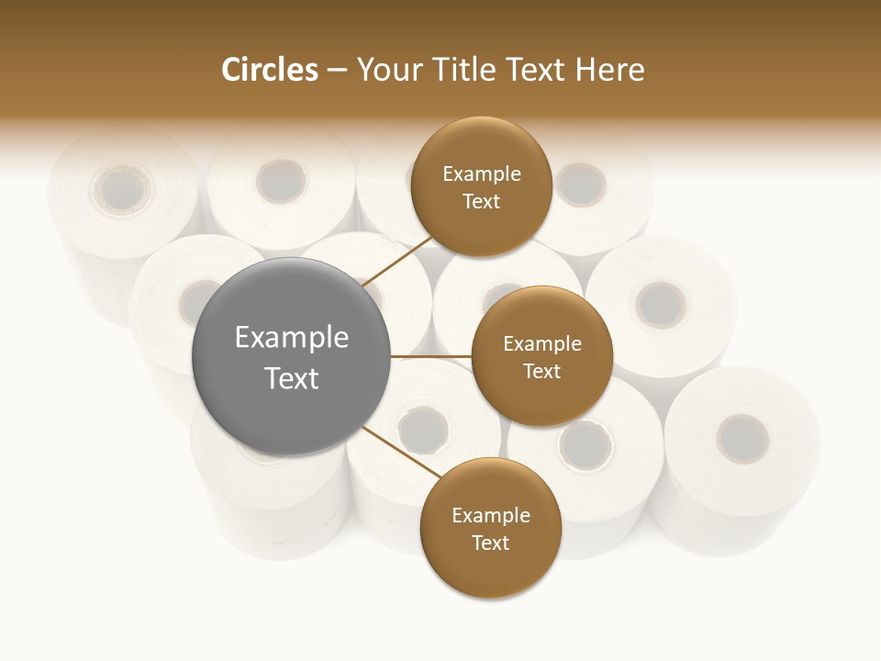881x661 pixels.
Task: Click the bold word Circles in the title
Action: (x=269, y=70)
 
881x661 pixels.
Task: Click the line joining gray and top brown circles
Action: (x=398, y=261)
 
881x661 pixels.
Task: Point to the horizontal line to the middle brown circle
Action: (x=431, y=356)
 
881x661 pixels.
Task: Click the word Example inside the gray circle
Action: (x=291, y=338)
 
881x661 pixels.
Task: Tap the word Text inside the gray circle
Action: (x=291, y=378)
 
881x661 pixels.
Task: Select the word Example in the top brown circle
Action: (x=481, y=174)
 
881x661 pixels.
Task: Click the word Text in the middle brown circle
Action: (x=541, y=371)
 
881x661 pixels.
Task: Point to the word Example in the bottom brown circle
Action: (x=490, y=516)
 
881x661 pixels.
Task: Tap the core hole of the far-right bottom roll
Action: (x=742, y=438)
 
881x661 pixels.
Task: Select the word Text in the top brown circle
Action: (x=481, y=202)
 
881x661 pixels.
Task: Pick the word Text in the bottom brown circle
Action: (x=490, y=543)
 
